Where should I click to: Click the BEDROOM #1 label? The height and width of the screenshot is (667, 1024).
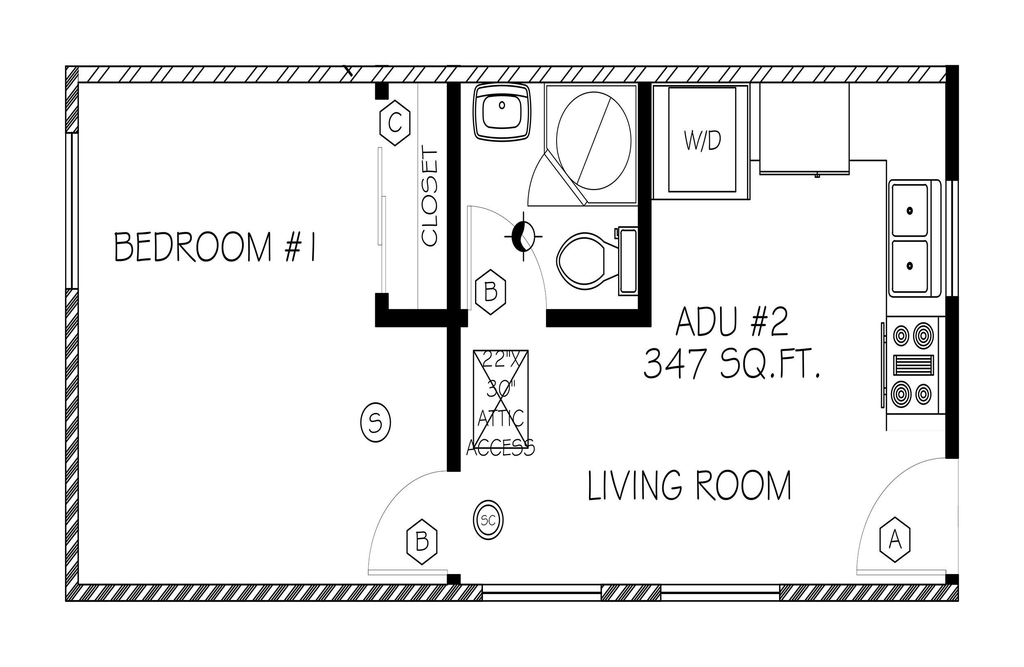tap(215, 247)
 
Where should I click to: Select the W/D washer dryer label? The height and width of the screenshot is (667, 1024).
tap(702, 141)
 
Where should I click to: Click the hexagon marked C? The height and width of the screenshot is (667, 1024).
tap(395, 123)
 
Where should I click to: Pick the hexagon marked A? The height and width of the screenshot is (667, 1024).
tap(895, 539)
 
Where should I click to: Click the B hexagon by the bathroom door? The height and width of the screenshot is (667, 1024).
tap(490, 292)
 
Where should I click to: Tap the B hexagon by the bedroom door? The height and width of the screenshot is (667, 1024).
tap(422, 542)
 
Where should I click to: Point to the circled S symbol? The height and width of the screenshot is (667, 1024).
tap(376, 422)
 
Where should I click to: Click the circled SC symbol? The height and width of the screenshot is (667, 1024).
tap(488, 520)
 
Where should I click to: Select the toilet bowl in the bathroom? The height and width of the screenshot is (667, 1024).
tap(581, 261)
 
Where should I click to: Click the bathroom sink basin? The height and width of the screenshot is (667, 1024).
tap(502, 112)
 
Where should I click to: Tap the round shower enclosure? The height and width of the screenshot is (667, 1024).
tap(594, 140)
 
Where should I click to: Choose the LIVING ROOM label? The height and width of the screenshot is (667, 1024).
tap(689, 486)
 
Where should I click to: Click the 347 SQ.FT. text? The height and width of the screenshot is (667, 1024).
tap(732, 364)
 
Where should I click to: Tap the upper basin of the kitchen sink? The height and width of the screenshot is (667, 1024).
tap(910, 210)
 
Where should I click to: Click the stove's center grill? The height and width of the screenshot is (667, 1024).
tap(913, 365)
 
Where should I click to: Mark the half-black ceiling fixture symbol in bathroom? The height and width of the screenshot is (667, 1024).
tap(523, 236)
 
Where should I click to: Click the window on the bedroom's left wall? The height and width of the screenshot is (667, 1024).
tap(72, 211)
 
